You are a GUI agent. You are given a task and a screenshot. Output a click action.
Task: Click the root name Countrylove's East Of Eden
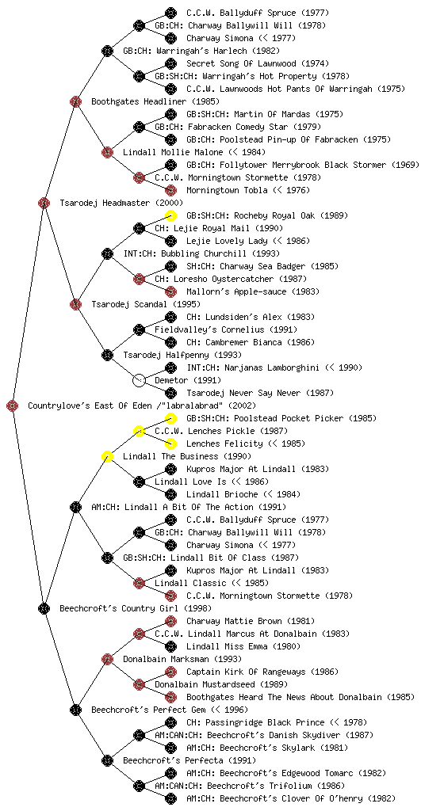[90, 405]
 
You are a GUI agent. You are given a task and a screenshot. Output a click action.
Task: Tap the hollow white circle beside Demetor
[139, 380]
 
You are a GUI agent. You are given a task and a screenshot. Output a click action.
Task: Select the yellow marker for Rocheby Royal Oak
[170, 215]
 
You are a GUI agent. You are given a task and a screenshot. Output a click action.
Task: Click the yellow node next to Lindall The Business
[107, 456]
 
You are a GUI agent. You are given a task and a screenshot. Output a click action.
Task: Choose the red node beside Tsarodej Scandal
[75, 304]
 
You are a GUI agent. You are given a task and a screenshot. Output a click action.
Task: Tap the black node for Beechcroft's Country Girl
[44, 608]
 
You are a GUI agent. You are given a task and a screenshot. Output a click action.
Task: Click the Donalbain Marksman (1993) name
[182, 659]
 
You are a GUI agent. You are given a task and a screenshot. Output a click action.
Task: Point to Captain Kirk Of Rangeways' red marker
[170, 672]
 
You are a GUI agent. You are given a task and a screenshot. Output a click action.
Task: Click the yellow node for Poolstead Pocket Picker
[170, 418]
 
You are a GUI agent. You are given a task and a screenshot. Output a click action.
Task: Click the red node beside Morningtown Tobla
[170, 190]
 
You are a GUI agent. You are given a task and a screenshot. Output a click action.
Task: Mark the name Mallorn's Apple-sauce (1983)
[253, 291]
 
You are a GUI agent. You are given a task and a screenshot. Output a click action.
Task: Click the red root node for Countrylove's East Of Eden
[13, 405]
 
